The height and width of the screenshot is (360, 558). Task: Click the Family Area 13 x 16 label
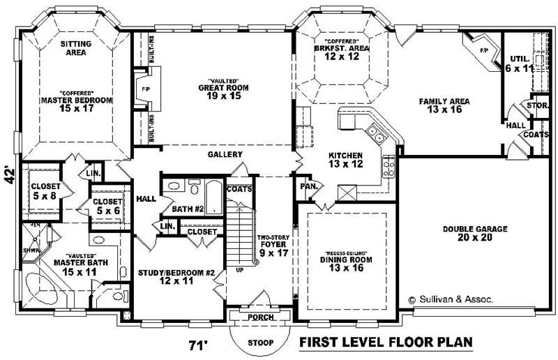[444, 105]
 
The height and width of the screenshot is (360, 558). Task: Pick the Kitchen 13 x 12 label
[345, 160]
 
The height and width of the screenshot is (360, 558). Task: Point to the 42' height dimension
[10, 174]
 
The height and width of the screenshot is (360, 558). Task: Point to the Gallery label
[225, 154]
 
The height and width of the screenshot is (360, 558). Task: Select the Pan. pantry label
[309, 187]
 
